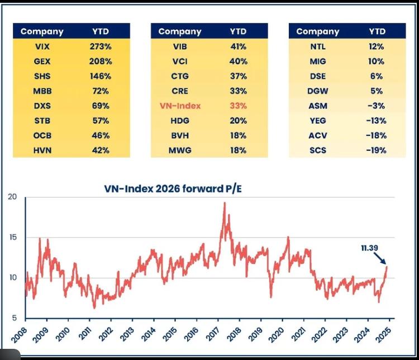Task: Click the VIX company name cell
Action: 42,47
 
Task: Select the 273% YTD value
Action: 101,47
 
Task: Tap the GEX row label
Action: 42,61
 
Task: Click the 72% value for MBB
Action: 101,91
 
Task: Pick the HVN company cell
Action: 42,150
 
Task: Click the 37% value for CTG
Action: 238,77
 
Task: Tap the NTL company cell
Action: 318,47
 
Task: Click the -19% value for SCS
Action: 376,150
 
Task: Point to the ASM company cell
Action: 318,106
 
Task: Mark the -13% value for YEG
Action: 376,120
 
